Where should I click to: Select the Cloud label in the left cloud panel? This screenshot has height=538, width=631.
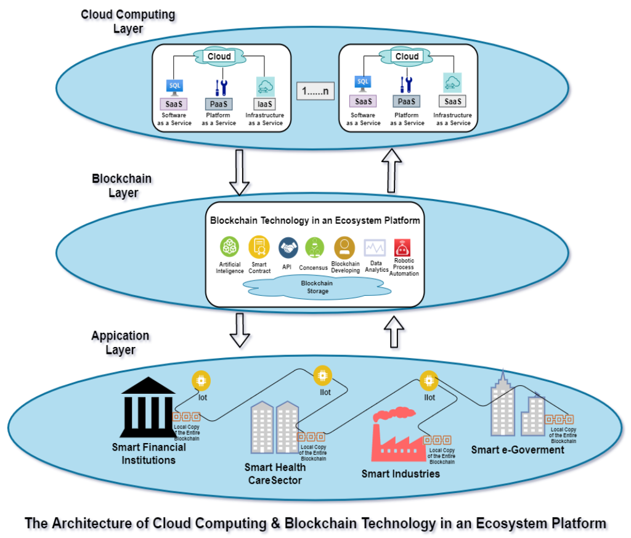(x=219, y=57)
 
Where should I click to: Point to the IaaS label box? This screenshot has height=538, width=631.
(x=266, y=104)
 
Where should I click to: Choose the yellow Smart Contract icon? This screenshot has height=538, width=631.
(x=259, y=247)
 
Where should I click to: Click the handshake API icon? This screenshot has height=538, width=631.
(x=288, y=248)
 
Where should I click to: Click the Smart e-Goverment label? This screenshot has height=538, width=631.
(x=518, y=450)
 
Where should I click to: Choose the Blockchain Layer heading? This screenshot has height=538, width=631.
(x=121, y=185)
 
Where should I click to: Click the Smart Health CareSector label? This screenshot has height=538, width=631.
(x=275, y=473)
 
